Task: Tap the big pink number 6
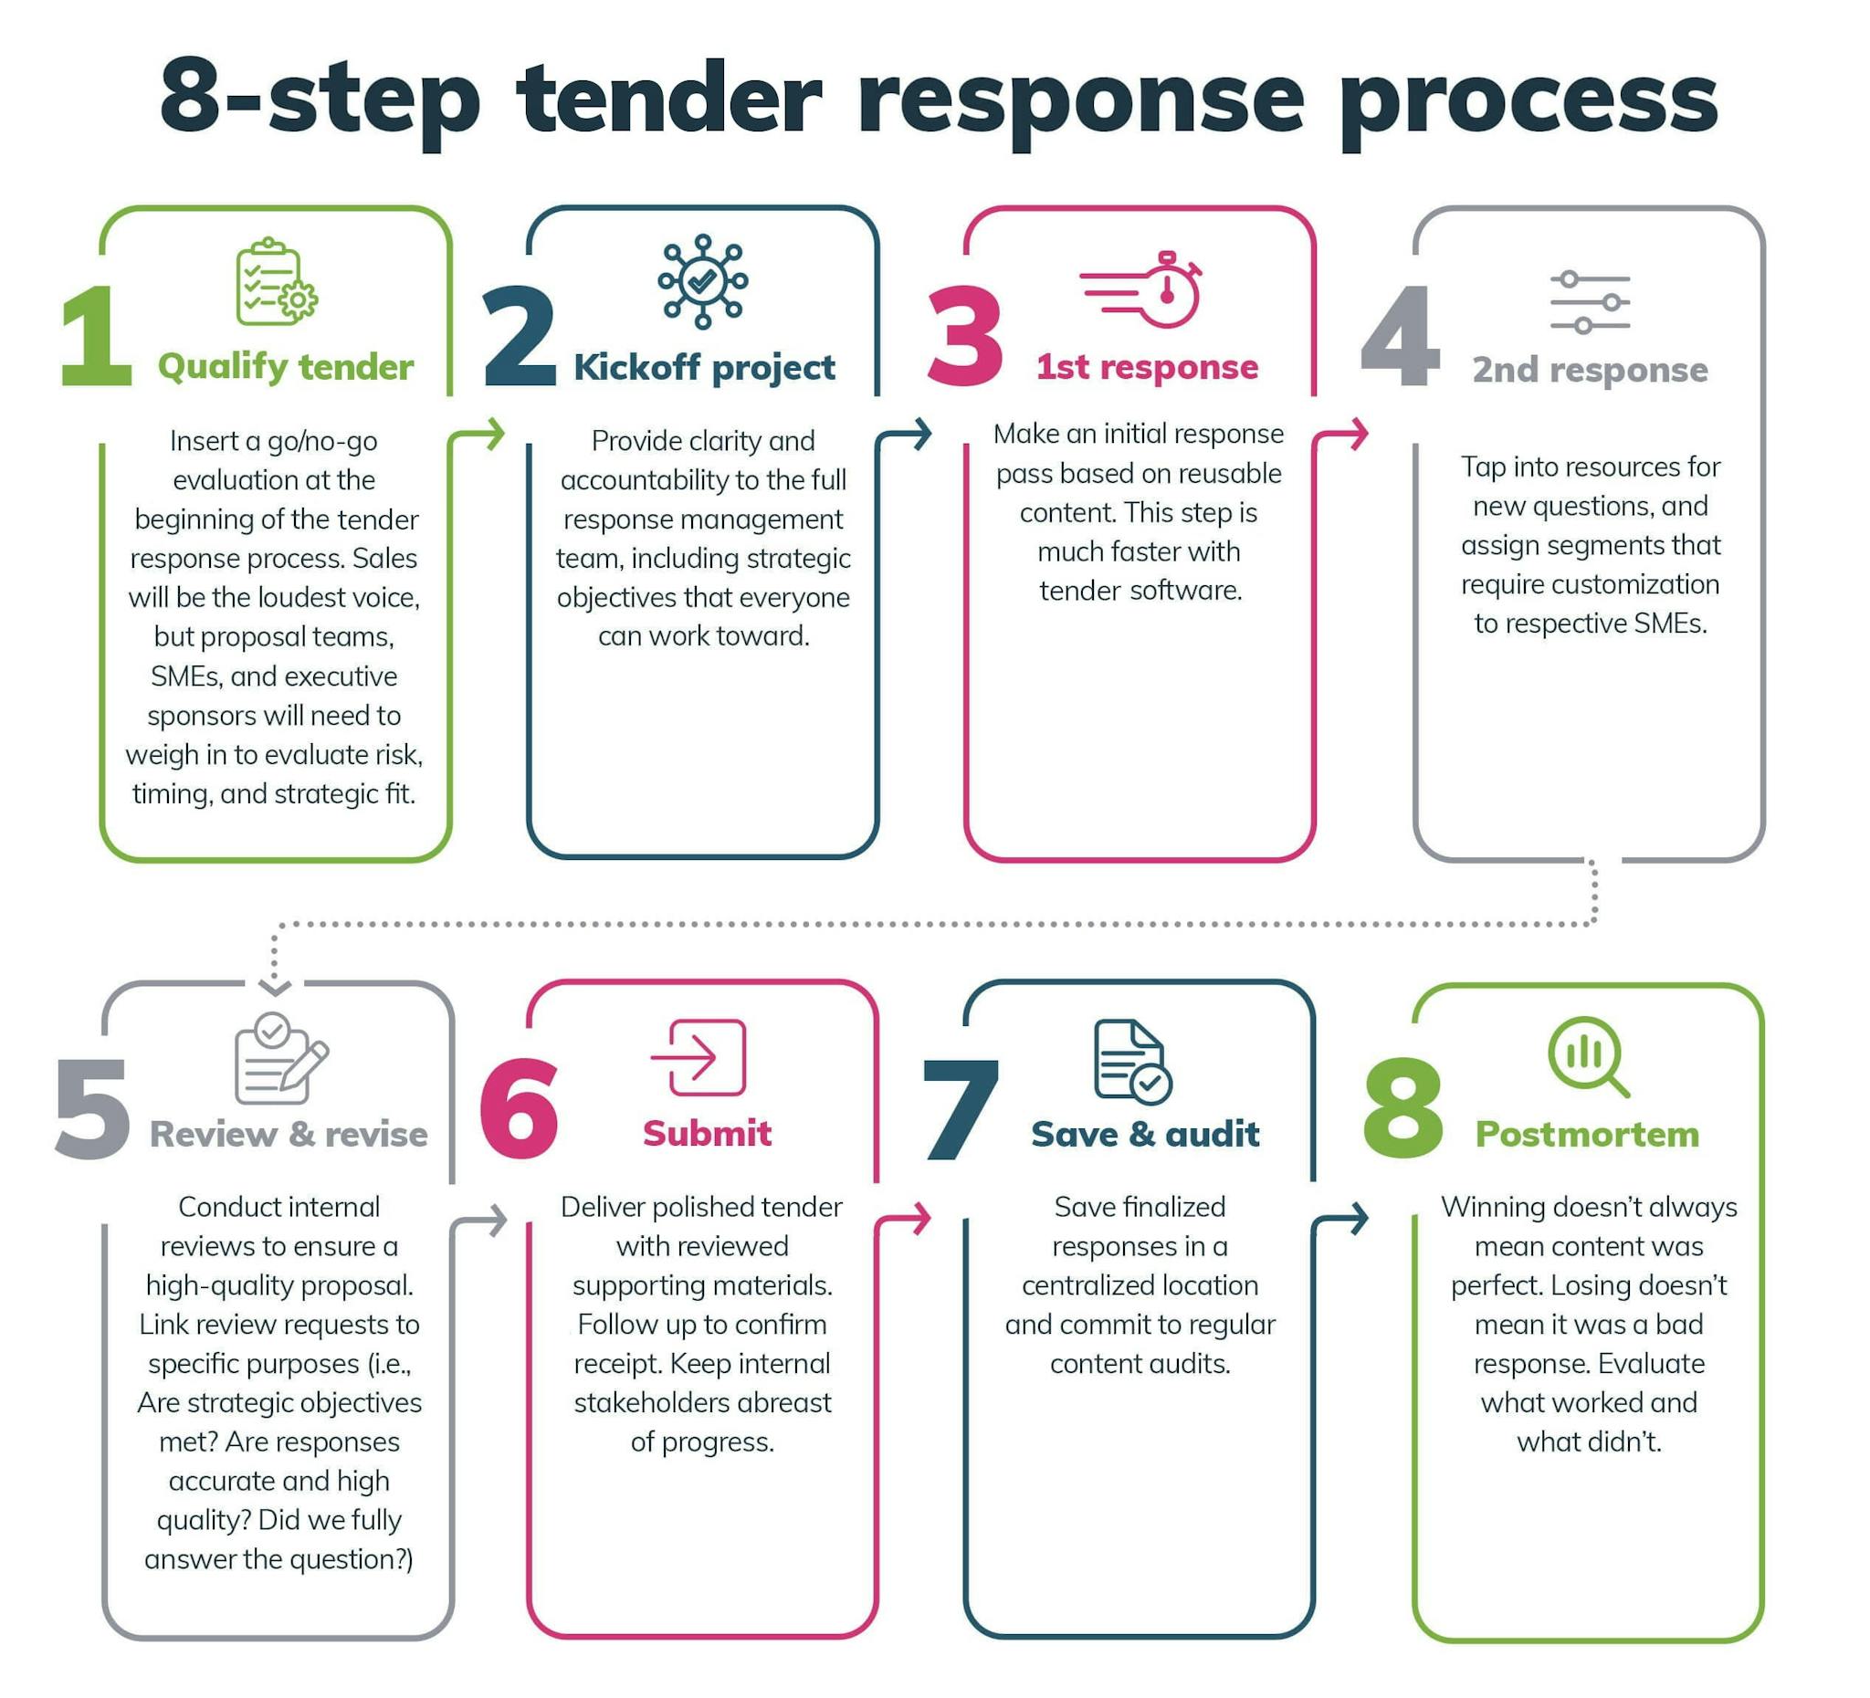click(520, 1108)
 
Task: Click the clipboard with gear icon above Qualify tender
click(276, 283)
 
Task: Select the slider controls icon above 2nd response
click(1590, 302)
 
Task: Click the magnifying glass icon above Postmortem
click(1588, 1057)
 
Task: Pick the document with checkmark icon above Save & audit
click(1131, 1061)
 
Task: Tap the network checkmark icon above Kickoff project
click(702, 281)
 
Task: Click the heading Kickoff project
click(704, 367)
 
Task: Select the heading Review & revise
click(289, 1134)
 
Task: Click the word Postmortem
click(1587, 1134)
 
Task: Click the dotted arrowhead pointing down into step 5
click(275, 986)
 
